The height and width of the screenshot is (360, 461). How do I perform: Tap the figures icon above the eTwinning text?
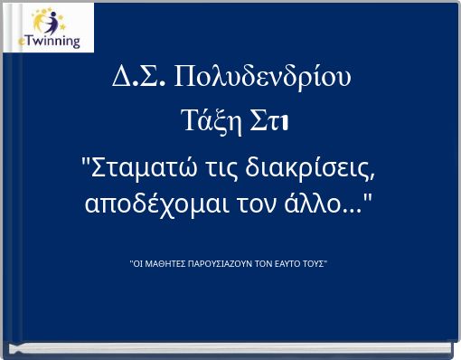click(50, 22)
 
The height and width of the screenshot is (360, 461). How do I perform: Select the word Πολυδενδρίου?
click(262, 78)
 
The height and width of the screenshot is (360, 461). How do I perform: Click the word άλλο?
click(307, 204)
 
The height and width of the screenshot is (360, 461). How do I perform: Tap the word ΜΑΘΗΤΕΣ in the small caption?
click(165, 264)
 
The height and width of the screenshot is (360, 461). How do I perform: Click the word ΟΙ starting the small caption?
click(138, 264)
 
